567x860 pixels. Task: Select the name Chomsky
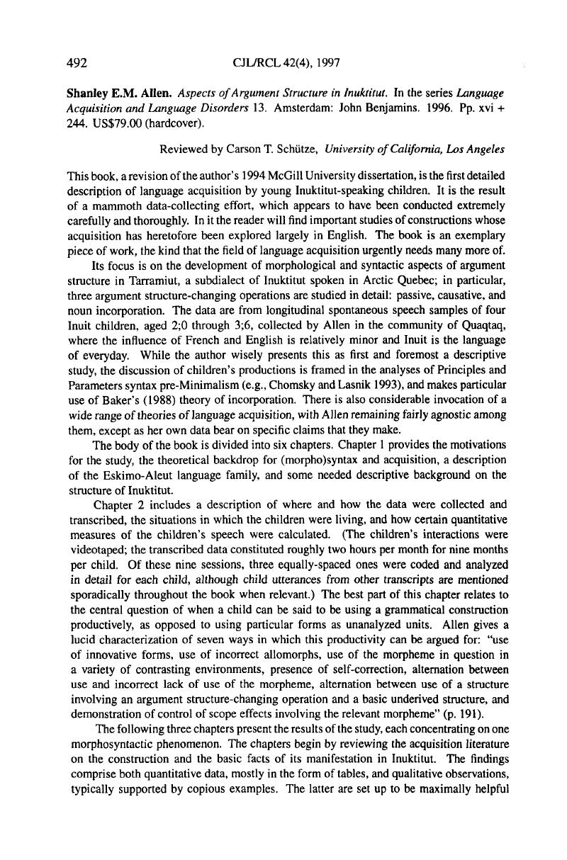(297, 383)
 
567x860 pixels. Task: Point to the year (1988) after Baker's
(145, 398)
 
